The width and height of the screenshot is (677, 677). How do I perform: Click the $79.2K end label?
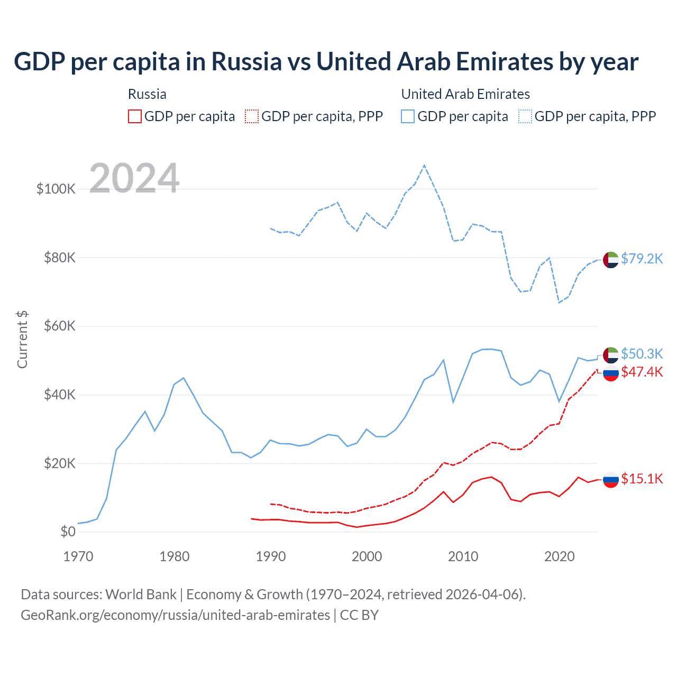(x=642, y=259)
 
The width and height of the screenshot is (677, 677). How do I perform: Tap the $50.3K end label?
(x=642, y=353)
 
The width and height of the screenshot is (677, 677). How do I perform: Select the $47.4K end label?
(x=642, y=372)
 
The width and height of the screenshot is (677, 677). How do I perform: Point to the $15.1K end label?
(x=642, y=479)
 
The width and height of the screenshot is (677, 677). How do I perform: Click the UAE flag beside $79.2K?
(x=611, y=260)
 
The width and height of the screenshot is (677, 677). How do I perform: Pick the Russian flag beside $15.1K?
(x=611, y=480)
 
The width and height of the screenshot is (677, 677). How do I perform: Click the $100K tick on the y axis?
(x=56, y=189)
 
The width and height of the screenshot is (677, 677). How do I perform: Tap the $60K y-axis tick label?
(x=60, y=326)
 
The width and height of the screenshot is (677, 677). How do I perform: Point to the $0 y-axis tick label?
(x=68, y=532)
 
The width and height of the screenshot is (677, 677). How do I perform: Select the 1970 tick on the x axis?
(x=78, y=556)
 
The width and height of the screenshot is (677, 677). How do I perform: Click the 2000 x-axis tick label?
(x=367, y=556)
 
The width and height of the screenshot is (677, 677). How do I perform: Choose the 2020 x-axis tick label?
(x=560, y=556)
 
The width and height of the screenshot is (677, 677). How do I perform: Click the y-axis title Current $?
(x=22, y=340)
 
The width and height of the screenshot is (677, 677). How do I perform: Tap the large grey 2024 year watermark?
(x=134, y=178)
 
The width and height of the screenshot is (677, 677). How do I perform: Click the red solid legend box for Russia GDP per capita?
(x=135, y=116)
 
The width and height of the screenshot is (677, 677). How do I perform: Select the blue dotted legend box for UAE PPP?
(x=525, y=116)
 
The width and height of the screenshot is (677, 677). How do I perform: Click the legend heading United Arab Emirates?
(x=465, y=94)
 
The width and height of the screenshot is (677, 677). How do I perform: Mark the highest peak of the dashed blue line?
(x=424, y=166)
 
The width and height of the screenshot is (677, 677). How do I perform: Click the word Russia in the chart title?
(x=247, y=62)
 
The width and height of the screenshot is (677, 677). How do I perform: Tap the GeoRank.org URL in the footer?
(x=175, y=615)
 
